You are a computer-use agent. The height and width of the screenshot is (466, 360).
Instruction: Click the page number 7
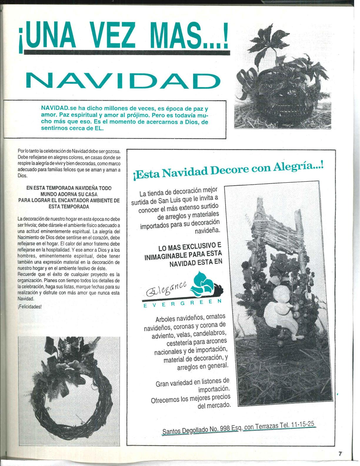(x=340, y=454)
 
